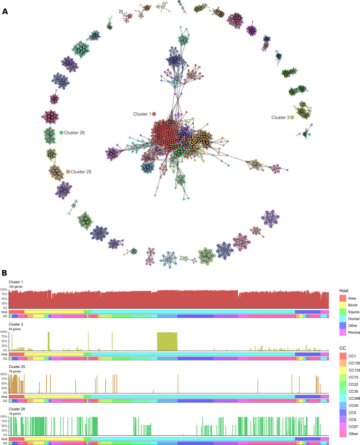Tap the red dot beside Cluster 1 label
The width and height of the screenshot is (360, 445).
pos(154,114)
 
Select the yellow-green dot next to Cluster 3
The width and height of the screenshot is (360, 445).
pos(292,117)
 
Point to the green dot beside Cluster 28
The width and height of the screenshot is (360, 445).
pos(62,133)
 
